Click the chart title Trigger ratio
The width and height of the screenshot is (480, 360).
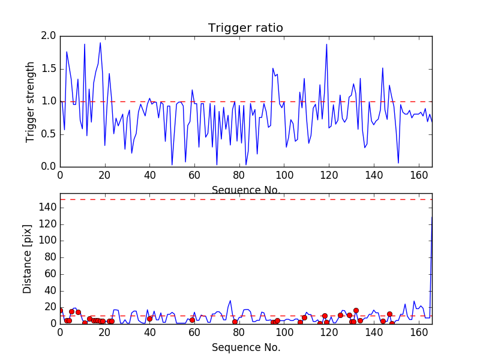click(245, 28)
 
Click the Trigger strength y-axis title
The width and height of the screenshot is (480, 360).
click(29, 102)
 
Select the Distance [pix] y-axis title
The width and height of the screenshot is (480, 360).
click(27, 259)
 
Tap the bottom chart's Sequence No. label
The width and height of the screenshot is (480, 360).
click(246, 347)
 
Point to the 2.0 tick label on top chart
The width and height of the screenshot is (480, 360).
click(49, 36)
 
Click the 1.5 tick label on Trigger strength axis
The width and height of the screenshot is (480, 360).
click(49, 68)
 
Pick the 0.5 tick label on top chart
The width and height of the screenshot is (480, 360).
click(49, 134)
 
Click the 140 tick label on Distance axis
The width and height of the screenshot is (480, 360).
click(48, 208)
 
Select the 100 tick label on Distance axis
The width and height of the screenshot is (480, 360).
click(48, 241)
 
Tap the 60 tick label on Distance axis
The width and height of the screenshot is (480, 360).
click(50, 274)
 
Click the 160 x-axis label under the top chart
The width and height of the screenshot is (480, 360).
click(419, 175)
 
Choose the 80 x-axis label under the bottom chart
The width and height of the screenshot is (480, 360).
click(239, 332)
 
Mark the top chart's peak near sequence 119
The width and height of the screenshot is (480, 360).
click(326, 44)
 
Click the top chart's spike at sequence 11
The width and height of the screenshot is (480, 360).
click(85, 44)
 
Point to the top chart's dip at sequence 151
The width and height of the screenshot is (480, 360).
click(398, 163)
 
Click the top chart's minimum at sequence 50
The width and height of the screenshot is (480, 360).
click(172, 164)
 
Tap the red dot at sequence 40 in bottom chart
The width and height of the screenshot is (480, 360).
click(149, 319)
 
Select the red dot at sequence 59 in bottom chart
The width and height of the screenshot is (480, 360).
click(192, 320)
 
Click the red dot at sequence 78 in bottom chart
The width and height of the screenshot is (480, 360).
click(235, 322)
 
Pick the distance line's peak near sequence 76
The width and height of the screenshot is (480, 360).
click(230, 301)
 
